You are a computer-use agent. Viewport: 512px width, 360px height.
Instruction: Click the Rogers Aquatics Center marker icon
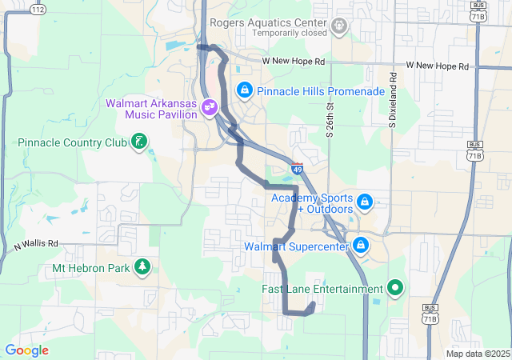point(340,26)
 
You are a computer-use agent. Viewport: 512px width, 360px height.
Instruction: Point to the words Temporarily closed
point(290,33)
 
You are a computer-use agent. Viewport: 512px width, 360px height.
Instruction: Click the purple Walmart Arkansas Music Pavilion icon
point(210,105)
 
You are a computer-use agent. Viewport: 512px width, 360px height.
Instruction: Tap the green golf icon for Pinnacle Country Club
point(140,142)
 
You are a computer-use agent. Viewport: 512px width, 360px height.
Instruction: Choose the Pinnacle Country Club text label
point(73,143)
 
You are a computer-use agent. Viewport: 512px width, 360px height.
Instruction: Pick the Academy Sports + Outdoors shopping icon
point(365,200)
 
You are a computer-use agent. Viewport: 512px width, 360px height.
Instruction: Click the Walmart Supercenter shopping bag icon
point(361,245)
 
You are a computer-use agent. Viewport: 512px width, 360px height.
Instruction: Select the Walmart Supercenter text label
point(297,246)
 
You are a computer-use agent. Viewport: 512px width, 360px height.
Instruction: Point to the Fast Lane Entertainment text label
point(322,289)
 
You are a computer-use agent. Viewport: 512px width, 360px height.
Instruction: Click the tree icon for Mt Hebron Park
point(142,266)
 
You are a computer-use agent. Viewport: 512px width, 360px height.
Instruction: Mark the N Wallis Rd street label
point(37,245)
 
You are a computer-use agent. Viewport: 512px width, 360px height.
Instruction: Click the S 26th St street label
point(330,118)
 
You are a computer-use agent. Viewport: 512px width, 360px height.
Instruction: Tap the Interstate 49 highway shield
point(297,169)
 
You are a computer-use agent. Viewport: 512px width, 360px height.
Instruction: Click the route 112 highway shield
point(38,8)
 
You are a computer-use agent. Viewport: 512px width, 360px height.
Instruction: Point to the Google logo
point(26,350)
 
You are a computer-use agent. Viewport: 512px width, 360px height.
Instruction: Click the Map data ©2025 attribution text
point(477,354)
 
